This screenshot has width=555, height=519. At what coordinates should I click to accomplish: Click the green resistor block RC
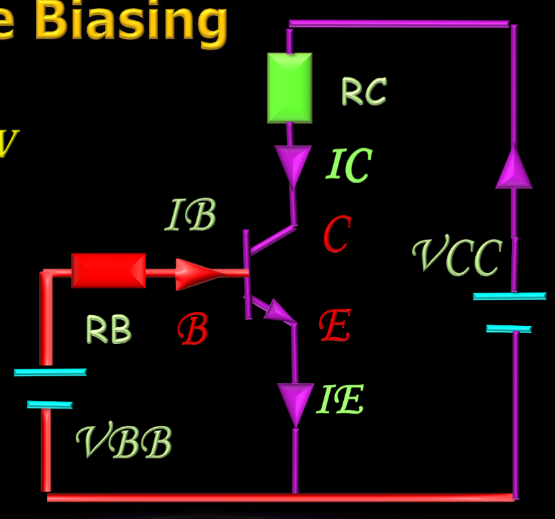point(290,88)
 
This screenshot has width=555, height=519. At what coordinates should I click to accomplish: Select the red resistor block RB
point(109,270)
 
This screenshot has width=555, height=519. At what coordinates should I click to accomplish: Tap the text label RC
point(364,91)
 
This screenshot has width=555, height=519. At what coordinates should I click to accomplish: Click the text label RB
point(109,329)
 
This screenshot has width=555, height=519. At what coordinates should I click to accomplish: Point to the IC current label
point(349,166)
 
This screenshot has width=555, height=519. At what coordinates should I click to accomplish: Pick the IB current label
point(191,216)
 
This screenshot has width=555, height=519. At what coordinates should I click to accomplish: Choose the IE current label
point(340,400)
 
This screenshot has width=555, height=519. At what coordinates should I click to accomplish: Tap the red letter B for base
point(193,330)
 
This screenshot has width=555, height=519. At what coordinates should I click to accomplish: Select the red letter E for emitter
point(335,326)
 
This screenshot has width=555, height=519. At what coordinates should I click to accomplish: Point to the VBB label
point(124,443)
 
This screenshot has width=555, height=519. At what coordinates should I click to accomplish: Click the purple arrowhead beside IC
point(293,164)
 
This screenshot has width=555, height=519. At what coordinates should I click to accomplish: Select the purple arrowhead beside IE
point(295,402)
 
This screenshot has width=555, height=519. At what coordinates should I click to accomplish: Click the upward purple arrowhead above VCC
point(513,168)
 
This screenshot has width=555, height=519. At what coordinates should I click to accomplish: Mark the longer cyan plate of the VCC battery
point(509,296)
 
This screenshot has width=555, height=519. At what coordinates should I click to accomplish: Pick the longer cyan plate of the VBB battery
point(50,372)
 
